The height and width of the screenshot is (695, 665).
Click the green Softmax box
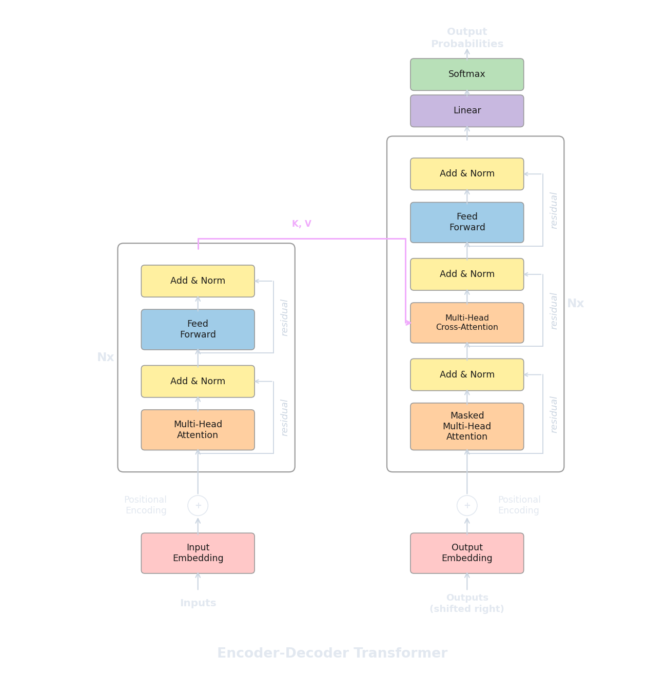[x=467, y=74]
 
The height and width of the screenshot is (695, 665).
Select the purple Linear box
[x=467, y=111]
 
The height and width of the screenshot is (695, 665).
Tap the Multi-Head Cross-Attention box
[x=467, y=323]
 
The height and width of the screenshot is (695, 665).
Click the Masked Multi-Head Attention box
[x=467, y=426]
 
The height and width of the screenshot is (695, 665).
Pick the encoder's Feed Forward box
[x=198, y=329]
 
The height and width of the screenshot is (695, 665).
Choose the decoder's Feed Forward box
[x=467, y=222]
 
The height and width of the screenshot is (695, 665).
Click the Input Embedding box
[x=198, y=553]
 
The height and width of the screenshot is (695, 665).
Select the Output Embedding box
[x=467, y=553]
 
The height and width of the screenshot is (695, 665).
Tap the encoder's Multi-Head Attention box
[x=198, y=430]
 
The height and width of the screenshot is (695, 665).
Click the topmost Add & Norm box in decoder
[x=467, y=174]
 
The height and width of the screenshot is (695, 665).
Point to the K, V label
[x=302, y=224]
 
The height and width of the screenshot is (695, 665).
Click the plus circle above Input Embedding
[x=198, y=506]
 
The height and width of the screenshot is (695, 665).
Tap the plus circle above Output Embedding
[x=467, y=506]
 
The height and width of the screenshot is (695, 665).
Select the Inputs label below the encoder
[x=198, y=603]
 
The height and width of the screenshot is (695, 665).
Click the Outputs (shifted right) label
[x=467, y=603]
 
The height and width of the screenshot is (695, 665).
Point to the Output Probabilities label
[x=467, y=38]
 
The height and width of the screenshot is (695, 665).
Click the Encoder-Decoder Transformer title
[x=332, y=653]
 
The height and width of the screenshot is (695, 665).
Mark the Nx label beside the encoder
[x=106, y=357]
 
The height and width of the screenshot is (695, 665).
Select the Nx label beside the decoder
[x=575, y=304]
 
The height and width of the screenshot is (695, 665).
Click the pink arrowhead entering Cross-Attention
[x=408, y=323]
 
